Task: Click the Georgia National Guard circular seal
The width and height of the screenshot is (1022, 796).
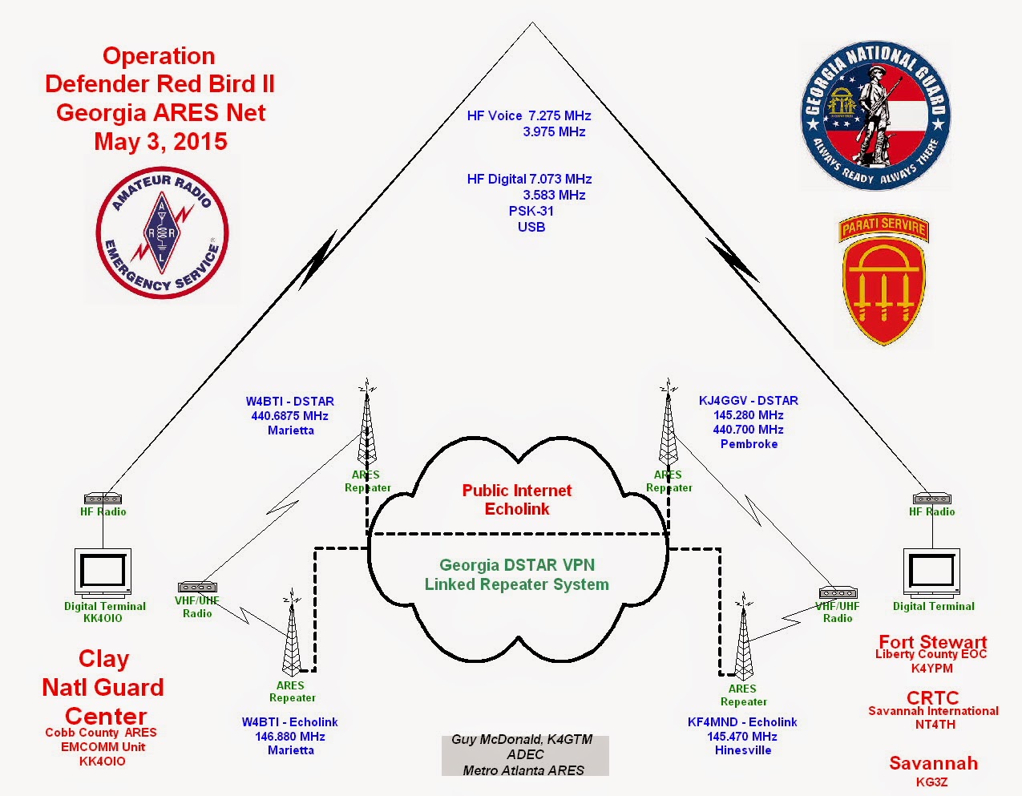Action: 875,115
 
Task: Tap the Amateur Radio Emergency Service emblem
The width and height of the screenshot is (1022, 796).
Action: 162,232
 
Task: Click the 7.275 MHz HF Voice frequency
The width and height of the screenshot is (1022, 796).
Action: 559,115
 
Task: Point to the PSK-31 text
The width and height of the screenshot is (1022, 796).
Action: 531,211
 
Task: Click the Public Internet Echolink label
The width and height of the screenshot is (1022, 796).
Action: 517,499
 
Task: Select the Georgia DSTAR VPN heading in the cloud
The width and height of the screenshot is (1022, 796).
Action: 517,564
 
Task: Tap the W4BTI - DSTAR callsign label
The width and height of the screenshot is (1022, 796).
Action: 289,402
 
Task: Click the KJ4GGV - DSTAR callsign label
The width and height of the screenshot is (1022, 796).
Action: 749,401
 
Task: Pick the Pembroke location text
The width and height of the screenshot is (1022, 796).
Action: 749,444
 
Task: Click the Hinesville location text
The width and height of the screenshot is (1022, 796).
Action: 743,750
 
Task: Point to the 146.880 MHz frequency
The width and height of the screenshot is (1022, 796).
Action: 289,737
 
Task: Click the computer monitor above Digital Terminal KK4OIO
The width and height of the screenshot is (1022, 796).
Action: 103,572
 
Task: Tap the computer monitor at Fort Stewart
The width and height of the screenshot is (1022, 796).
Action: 931,572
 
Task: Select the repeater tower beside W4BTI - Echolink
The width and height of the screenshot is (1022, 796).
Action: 292,632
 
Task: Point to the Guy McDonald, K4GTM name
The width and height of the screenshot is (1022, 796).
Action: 522,740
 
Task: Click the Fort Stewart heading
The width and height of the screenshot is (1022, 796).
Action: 933,642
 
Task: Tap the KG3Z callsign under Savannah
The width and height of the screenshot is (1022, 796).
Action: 931,782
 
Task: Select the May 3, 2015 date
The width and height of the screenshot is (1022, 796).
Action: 161,142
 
